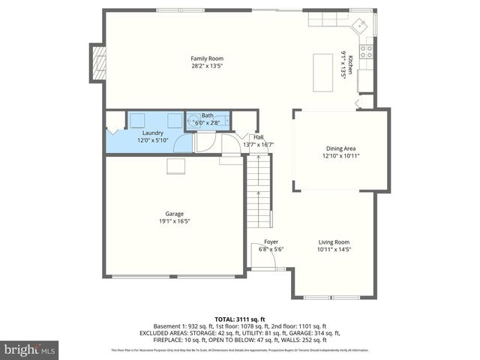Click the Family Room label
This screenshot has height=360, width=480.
(x=206, y=58)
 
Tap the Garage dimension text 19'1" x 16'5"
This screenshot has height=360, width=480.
(x=174, y=221)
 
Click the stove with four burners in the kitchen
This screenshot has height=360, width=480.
(x=366, y=51)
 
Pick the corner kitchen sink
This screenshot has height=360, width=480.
(x=361, y=27)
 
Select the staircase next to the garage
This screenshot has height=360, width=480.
(x=258, y=191)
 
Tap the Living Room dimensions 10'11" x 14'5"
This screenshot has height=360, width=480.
(x=334, y=249)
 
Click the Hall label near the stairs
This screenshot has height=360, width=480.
(x=258, y=137)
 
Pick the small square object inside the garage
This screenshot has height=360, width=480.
(x=177, y=166)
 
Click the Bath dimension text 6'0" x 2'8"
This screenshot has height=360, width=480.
(x=208, y=121)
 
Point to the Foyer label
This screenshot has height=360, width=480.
(x=271, y=241)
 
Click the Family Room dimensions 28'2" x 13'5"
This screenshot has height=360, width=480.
(x=206, y=65)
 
